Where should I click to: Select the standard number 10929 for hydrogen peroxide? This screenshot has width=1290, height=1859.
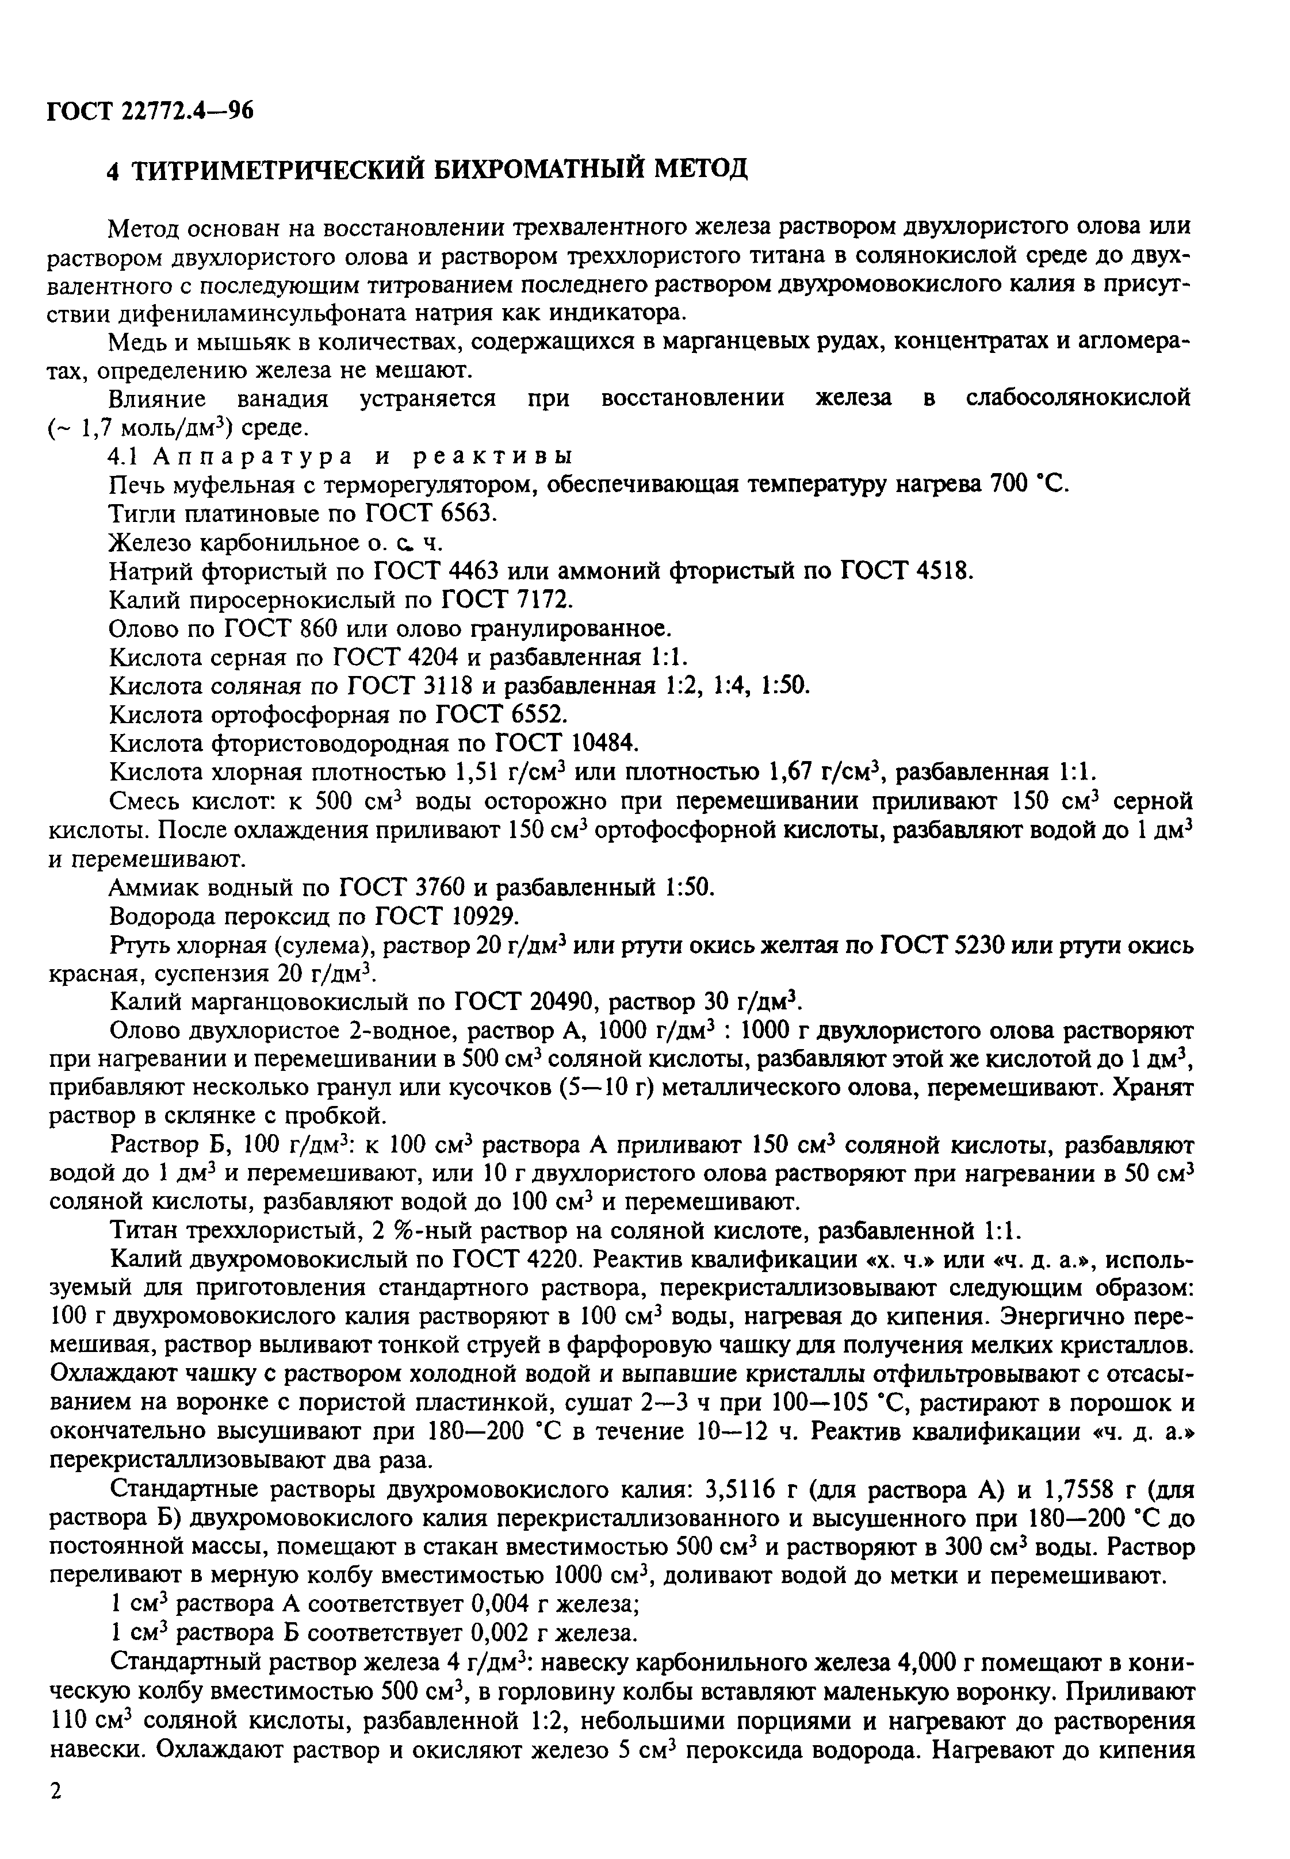click(475, 917)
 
